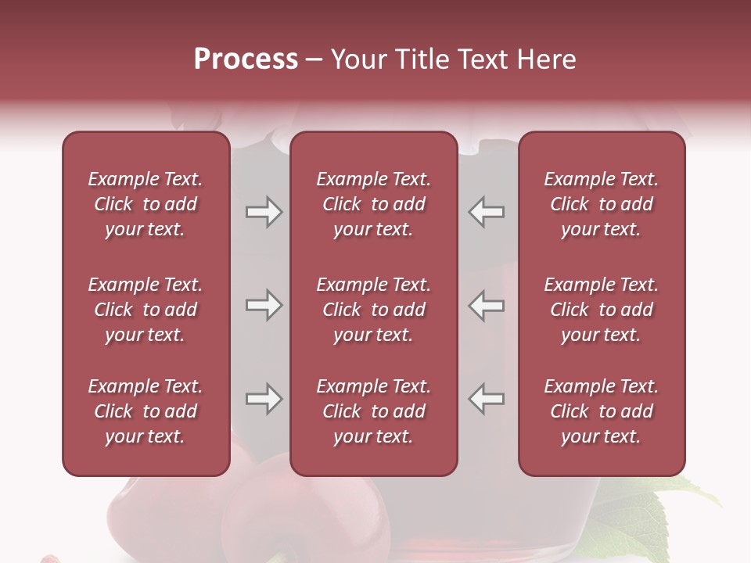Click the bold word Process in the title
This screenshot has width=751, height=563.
(246, 59)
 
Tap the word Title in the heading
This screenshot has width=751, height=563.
(422, 59)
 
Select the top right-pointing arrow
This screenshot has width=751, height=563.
(264, 212)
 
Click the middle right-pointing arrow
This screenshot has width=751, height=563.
(264, 305)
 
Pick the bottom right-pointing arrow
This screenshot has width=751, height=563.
(264, 399)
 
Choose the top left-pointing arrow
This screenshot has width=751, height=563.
(486, 212)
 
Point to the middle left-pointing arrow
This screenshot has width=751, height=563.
(486, 305)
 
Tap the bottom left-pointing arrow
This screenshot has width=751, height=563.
(486, 399)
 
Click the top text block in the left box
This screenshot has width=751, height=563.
(146, 204)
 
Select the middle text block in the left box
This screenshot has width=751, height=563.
(146, 310)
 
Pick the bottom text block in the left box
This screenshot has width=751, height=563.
(146, 411)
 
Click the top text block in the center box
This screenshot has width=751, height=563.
(373, 204)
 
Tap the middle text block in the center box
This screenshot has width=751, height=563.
(373, 310)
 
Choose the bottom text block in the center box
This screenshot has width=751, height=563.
(373, 411)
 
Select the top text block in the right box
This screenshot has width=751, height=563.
(601, 204)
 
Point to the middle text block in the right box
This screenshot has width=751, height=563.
(601, 310)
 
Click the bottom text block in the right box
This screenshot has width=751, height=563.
(601, 411)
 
